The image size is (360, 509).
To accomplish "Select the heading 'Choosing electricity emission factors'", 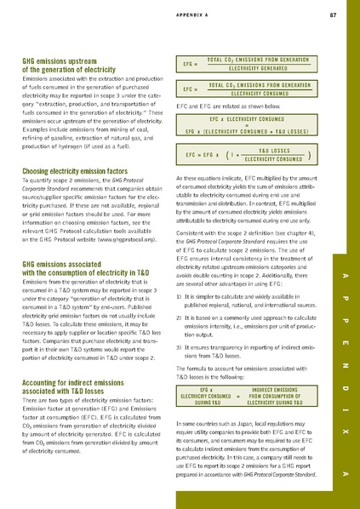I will click(69, 171).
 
